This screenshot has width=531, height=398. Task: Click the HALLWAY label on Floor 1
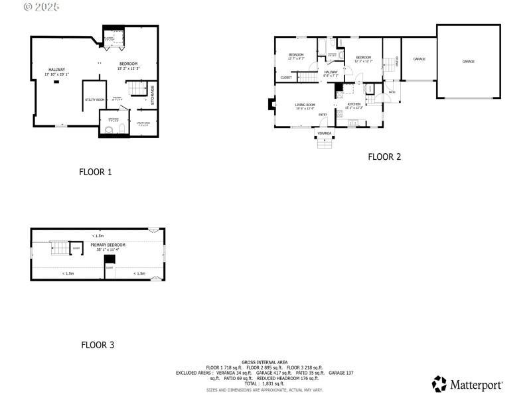point(56,70)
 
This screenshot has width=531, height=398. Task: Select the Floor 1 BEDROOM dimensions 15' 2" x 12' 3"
point(129,68)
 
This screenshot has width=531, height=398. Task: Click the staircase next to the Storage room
point(137,88)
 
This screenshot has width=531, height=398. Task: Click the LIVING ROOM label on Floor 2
point(305,105)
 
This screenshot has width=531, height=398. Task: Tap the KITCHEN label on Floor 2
point(354,104)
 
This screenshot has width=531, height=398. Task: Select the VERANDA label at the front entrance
point(325,133)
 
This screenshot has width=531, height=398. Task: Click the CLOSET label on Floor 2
point(286,78)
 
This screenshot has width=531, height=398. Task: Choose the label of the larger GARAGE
point(468,61)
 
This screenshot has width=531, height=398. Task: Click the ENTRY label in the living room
point(323,115)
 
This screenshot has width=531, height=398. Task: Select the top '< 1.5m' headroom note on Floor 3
point(98,235)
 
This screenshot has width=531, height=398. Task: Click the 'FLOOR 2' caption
point(385,157)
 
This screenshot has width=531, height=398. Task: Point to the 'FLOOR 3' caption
point(98,345)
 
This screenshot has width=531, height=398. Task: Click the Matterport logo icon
point(439,383)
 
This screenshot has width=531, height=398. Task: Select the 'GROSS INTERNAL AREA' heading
point(265,362)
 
